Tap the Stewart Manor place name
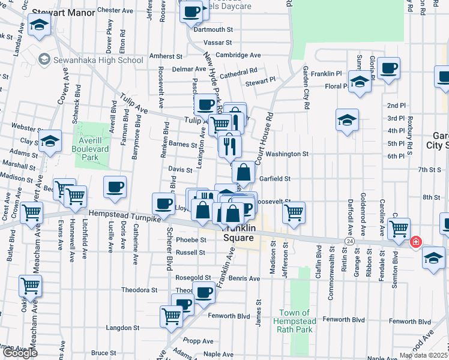(x=60, y=11)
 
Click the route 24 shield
(x=349, y=241)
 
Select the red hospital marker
(x=415, y=242)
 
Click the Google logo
(x=19, y=353)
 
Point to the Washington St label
(x=287, y=154)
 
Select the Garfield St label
(x=275, y=179)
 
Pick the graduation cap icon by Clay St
(x=51, y=142)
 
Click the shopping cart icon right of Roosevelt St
(x=294, y=212)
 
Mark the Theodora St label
(x=139, y=290)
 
